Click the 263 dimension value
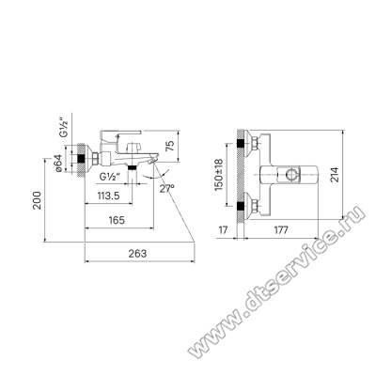[x=137, y=253]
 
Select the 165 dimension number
[x=117, y=220]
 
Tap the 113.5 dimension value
[x=108, y=196]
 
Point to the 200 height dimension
[x=38, y=200]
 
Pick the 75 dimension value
[x=169, y=146]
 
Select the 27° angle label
[x=166, y=189]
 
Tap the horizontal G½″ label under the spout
[x=110, y=177]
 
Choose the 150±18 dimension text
[x=218, y=175]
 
